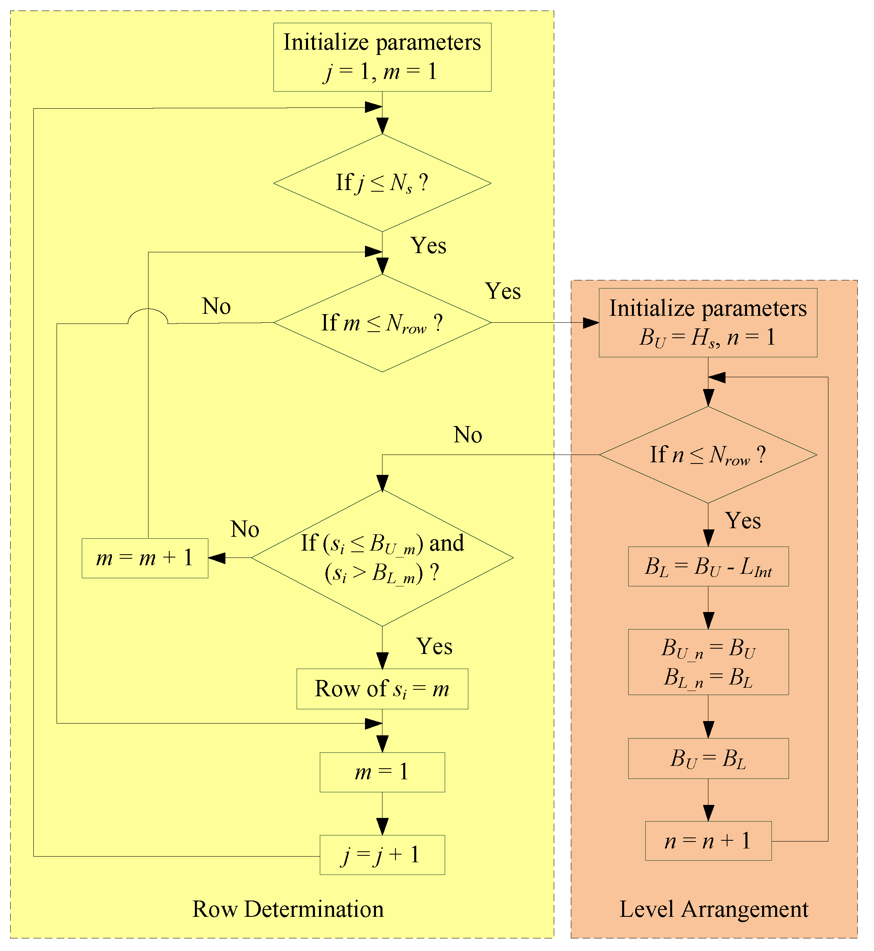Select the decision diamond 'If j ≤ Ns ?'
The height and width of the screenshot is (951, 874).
point(382,183)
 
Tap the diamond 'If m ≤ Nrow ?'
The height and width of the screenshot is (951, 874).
point(382,323)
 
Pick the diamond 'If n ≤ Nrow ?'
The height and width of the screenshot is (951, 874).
point(708,455)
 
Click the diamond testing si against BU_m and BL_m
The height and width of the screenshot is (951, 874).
point(382,558)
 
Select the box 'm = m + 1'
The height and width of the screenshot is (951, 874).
point(145,558)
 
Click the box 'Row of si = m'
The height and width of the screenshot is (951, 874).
point(382,689)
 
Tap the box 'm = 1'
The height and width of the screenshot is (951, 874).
point(382,772)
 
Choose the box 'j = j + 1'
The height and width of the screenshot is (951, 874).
point(382,855)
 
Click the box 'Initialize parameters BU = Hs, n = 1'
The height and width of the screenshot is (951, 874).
point(708,323)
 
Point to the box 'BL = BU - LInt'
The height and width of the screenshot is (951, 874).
point(708,566)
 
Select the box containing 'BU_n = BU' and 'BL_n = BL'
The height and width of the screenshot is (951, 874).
point(708,662)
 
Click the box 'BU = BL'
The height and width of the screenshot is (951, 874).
point(708,759)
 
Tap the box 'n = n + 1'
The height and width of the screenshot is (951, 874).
point(708,841)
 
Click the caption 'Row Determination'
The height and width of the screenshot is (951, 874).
point(288,909)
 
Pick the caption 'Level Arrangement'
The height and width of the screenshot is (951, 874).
point(714,909)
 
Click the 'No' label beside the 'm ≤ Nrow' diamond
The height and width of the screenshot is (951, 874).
point(216,306)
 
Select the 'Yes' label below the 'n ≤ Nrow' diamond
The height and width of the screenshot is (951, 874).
point(743,520)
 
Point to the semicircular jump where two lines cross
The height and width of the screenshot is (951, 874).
point(148,315)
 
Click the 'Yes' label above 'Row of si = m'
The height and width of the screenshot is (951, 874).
point(434,646)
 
